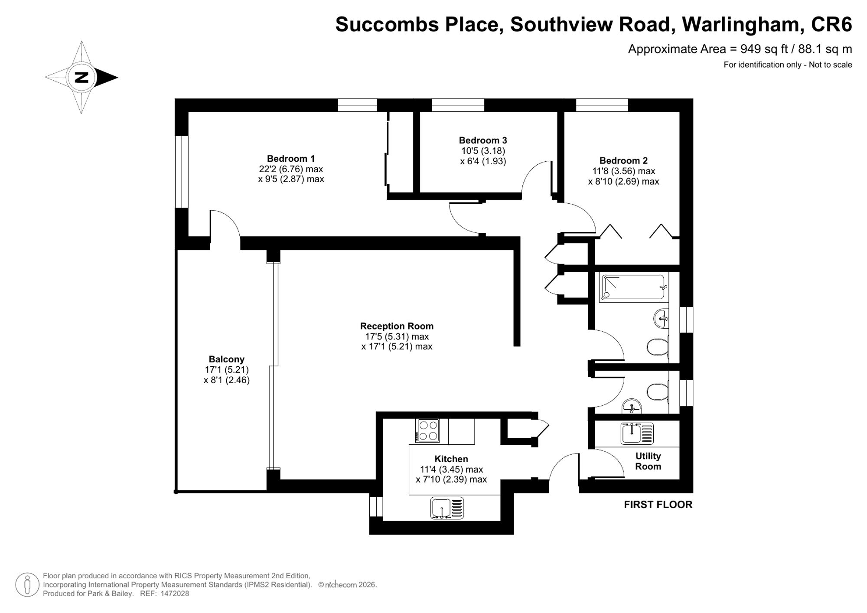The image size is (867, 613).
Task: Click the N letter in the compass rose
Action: point(81,78)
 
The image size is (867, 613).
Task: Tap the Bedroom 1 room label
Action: point(291,159)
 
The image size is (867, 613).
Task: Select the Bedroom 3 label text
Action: point(483,140)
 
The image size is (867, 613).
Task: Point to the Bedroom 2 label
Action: point(623,161)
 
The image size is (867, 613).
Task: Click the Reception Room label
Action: point(397,326)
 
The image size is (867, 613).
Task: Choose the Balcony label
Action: point(226,359)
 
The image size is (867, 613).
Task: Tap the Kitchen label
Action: point(451,459)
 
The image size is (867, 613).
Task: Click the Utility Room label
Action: point(648,461)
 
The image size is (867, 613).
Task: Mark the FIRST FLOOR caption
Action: point(658,505)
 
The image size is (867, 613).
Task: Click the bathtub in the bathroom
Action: point(633,287)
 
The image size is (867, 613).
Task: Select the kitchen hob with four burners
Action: point(427,430)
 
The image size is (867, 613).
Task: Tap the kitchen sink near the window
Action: point(447,508)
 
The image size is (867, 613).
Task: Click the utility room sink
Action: point(637,434)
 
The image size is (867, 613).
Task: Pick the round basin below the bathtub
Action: point(661,319)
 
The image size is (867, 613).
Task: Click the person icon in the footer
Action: point(27,585)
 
